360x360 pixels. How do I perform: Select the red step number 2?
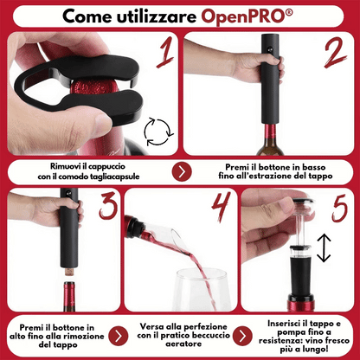tap(336, 53)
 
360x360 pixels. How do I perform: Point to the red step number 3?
tap(108, 205)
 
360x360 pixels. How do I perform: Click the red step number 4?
tap(222, 205)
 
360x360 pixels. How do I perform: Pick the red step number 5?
tap(340, 208)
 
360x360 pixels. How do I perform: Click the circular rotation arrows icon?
tap(158, 132)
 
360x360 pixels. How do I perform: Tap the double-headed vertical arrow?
tap(324, 247)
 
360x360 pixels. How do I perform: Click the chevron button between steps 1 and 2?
tap(182, 172)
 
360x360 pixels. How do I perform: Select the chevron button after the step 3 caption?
tap(119, 336)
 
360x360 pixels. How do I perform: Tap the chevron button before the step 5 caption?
tap(242, 336)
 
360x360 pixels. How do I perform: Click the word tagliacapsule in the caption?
tap(114, 177)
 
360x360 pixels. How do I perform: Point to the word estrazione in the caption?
tap(269, 176)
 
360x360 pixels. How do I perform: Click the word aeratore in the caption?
tap(183, 344)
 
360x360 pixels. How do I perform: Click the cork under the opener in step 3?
tap(69, 272)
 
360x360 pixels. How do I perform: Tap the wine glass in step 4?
tap(202, 289)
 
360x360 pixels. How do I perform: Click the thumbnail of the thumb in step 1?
tap(102, 125)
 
